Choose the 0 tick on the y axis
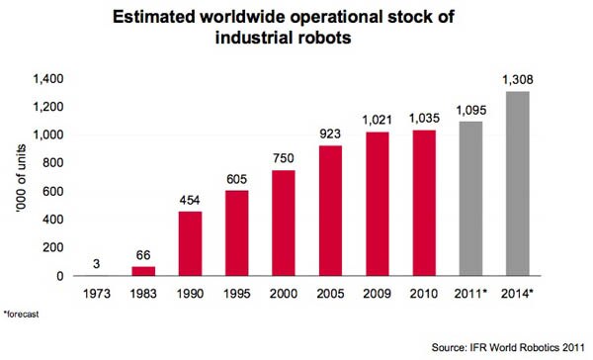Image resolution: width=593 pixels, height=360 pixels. pos(60,276)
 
